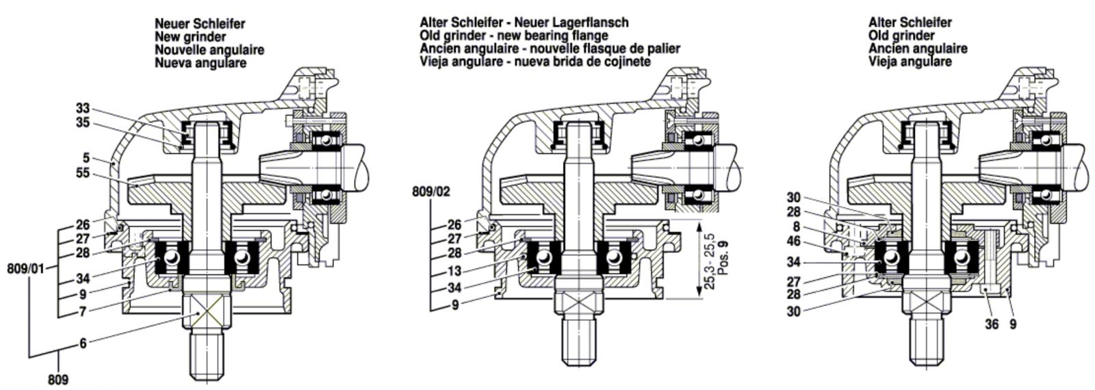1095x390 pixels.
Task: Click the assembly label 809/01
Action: point(26,268)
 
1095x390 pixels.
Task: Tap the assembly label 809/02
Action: point(430,192)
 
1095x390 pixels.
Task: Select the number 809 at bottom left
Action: point(58,379)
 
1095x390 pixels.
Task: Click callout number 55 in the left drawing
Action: point(83,173)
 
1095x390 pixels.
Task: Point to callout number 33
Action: point(83,109)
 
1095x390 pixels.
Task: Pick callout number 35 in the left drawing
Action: point(83,122)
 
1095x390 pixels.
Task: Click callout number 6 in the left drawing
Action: point(83,343)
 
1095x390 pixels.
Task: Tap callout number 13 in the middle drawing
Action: point(454,272)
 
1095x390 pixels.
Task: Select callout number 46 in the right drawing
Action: point(794,241)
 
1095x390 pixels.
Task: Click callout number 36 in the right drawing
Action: point(992,324)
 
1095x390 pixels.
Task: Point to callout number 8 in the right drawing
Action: point(797,226)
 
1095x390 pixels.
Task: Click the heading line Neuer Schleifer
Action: point(200,23)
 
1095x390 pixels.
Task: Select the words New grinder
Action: point(190,37)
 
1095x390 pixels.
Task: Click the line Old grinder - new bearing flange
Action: point(514,35)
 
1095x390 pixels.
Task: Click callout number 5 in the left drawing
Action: point(86,158)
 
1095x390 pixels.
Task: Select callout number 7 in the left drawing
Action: point(83,311)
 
